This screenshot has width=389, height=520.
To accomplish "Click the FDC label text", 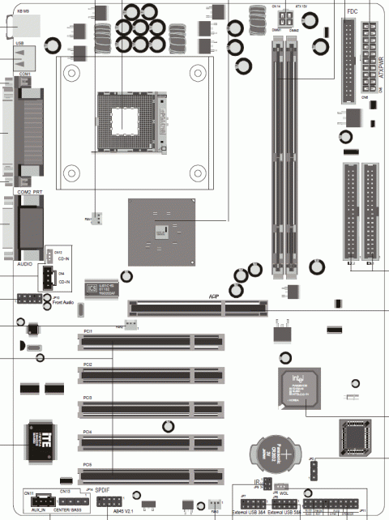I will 352,12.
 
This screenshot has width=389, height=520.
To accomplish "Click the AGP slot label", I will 216,297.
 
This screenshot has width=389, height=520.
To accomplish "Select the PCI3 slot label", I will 88,399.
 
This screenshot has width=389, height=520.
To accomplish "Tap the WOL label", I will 284,493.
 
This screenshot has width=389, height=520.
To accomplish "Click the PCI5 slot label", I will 88,465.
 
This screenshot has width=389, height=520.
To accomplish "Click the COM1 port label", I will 24,74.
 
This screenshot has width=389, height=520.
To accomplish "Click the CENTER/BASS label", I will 72,512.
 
